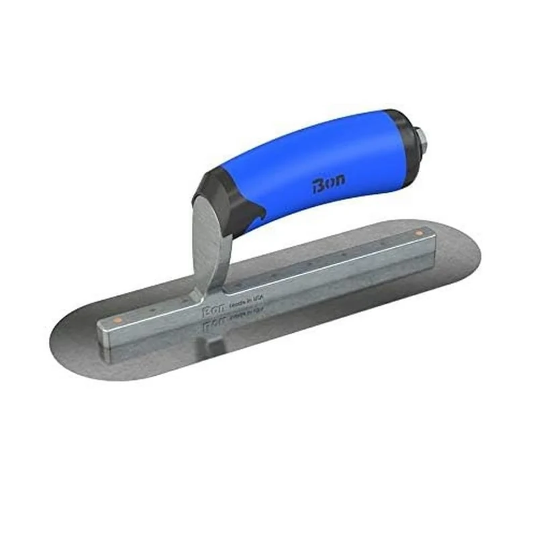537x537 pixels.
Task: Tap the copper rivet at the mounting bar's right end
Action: click(419, 233)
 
